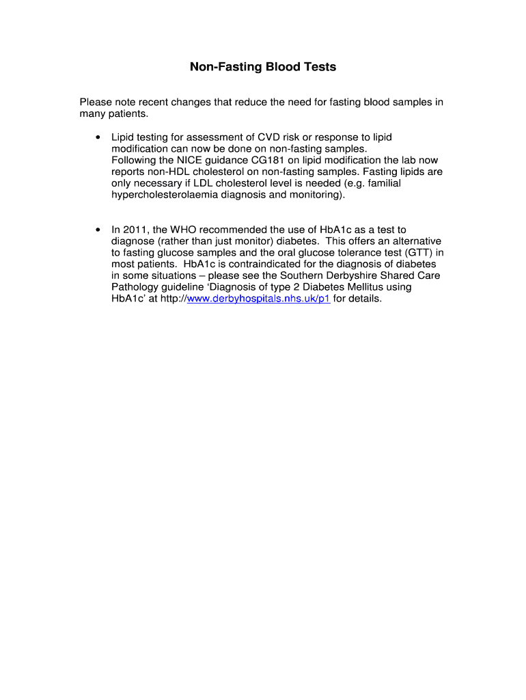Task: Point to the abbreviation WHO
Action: point(184,230)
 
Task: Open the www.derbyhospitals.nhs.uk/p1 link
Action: point(258,299)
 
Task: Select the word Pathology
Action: point(135,288)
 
